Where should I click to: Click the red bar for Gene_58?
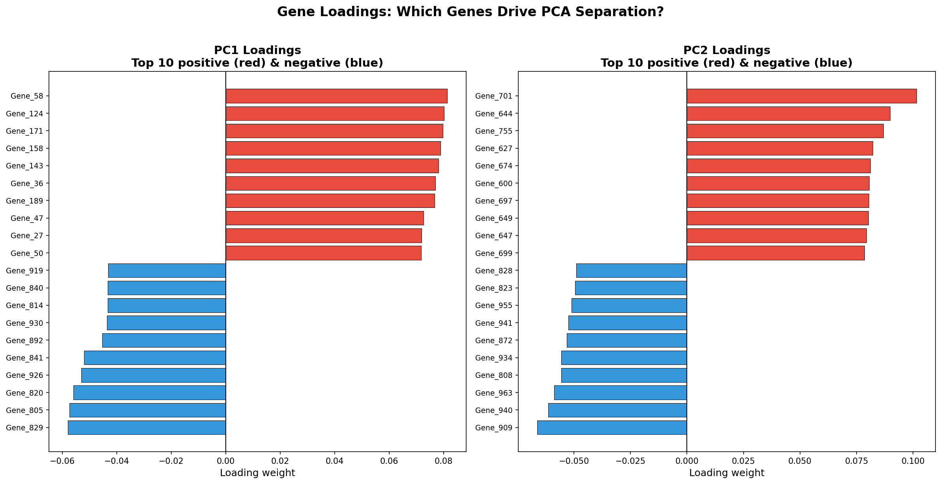point(336,96)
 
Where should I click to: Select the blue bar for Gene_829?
point(147,428)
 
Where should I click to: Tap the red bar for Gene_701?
point(801,96)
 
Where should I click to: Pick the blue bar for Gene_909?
point(612,428)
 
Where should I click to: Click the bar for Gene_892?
point(164,340)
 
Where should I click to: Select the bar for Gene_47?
point(324,218)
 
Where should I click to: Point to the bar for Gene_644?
point(788,114)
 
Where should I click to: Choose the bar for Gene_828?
point(632,271)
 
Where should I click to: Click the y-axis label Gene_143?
point(24,166)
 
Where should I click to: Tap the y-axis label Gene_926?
point(24,375)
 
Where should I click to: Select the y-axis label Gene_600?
point(493,183)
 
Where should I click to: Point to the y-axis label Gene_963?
point(493,393)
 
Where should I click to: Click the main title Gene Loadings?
point(470,12)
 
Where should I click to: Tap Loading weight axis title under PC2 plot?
point(726,473)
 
